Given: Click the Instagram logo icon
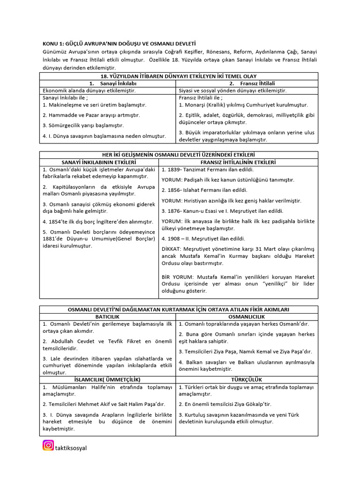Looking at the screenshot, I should (x=48, y=445).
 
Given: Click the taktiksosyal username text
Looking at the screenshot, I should (x=71, y=448).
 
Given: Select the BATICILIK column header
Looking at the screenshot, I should (x=108, y=317).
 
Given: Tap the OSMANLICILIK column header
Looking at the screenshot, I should (x=247, y=317).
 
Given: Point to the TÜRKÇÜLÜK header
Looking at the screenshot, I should (x=247, y=379).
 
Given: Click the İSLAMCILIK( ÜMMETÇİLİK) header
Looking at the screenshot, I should (x=108, y=379).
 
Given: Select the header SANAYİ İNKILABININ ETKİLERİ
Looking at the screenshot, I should (x=98, y=162).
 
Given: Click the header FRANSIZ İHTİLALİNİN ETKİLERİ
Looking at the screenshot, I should (x=239, y=162).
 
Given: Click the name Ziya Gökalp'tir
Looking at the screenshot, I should (x=252, y=404).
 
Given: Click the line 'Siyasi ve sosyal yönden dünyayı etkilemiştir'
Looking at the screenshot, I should (x=232, y=90).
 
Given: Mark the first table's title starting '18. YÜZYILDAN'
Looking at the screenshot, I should (x=179, y=76).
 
